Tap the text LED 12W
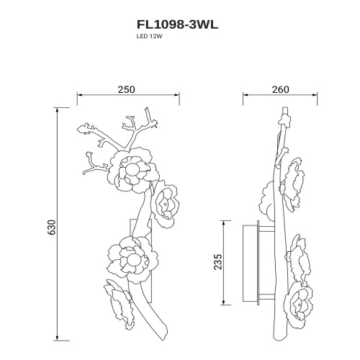148,41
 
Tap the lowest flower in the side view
301,300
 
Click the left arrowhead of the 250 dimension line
78,96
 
